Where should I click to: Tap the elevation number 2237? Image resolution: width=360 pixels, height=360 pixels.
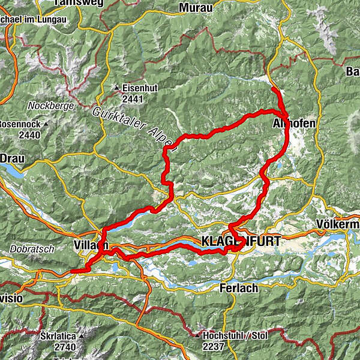(214, 346)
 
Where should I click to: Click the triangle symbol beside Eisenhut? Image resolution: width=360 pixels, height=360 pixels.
(118, 88)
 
